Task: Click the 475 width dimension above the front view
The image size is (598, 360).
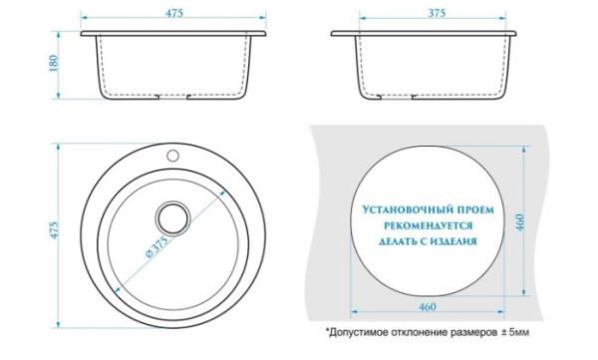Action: (173, 13)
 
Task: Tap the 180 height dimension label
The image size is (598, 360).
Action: (54, 64)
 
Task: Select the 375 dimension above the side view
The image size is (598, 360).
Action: (437, 13)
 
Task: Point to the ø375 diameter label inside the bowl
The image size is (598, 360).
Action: (156, 247)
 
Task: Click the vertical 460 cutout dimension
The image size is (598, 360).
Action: (520, 222)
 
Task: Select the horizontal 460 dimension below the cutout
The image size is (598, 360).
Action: (428, 307)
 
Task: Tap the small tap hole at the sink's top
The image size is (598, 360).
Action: (172, 155)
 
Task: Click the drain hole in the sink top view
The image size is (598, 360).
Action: (172, 218)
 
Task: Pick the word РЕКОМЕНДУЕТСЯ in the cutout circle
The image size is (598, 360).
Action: (428, 225)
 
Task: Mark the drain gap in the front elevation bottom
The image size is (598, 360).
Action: (172, 95)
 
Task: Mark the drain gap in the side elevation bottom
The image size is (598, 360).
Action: (396, 96)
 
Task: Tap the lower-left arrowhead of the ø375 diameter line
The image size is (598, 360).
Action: (119, 289)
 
